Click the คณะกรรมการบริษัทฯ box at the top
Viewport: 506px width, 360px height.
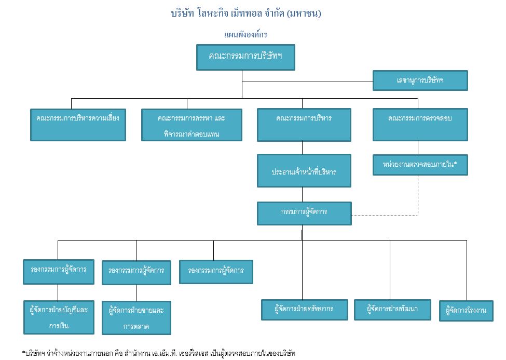(x=245, y=57)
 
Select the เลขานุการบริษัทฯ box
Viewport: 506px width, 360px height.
(x=420, y=81)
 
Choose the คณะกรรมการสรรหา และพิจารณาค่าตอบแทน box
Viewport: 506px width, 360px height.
(x=192, y=125)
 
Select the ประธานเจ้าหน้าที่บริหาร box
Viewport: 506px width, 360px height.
(x=304, y=170)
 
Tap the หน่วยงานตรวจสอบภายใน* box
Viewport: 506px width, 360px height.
(x=420, y=165)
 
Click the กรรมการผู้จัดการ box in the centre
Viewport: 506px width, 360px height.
(x=304, y=213)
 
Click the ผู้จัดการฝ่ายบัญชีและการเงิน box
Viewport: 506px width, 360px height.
(x=59, y=317)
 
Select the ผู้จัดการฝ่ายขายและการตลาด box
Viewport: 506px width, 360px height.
(x=136, y=318)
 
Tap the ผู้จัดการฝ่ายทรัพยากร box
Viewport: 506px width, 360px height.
(x=304, y=310)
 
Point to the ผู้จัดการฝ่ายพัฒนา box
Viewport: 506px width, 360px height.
(x=393, y=310)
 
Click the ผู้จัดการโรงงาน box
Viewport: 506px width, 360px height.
(x=466, y=311)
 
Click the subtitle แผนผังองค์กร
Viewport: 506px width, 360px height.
(x=245, y=34)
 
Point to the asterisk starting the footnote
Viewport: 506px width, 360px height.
(x=24, y=353)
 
